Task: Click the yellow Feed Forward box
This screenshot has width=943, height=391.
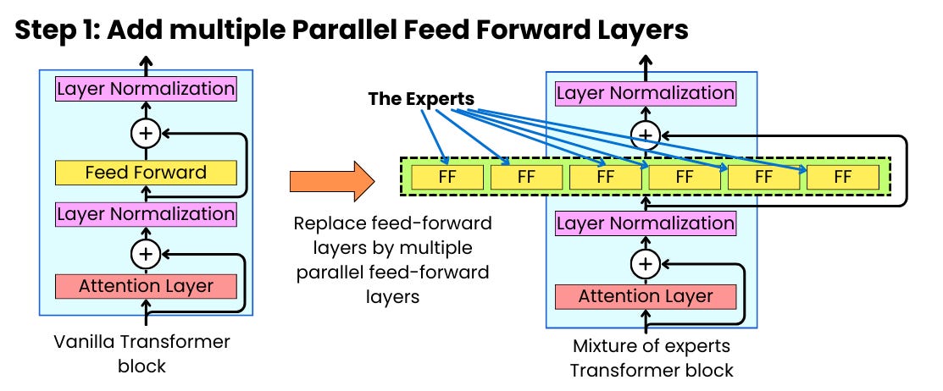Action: point(146,173)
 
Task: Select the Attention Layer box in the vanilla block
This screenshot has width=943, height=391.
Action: point(146,285)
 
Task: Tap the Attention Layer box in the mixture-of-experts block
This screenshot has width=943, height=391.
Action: point(646,296)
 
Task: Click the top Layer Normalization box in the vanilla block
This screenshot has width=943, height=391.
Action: point(146,89)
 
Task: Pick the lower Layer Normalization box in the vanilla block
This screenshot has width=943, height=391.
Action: point(146,214)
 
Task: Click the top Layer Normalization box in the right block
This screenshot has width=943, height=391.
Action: point(646,93)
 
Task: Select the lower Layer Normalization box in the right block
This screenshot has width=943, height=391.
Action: point(646,223)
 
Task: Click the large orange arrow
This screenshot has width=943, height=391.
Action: point(331,181)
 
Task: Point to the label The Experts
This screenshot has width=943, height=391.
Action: point(421,99)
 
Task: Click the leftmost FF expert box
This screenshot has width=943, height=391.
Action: point(447,178)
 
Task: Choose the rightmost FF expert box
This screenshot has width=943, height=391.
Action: point(842,178)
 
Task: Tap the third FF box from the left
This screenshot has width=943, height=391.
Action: point(605,178)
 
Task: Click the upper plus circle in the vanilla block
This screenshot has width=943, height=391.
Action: point(146,133)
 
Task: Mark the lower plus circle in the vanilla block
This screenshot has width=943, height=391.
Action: point(146,252)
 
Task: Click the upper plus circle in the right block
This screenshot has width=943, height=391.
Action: point(646,134)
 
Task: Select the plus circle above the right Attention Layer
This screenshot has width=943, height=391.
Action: point(646,263)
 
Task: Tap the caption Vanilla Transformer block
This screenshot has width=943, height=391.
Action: point(141,353)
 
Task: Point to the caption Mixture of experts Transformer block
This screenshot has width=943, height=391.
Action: point(651,357)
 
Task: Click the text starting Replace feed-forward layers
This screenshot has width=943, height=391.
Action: point(392,261)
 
